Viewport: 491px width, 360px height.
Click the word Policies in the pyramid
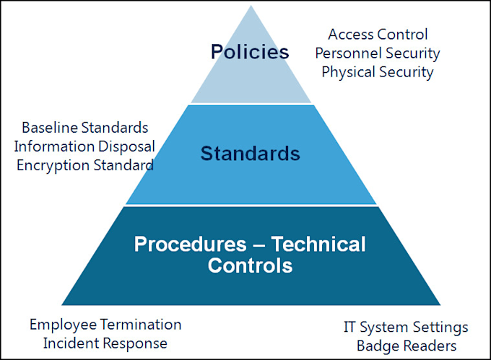(250, 52)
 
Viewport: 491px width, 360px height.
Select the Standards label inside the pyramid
(251, 153)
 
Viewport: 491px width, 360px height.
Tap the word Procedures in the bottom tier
(188, 244)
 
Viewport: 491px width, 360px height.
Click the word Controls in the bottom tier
(250, 265)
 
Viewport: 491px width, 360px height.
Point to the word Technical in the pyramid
(318, 244)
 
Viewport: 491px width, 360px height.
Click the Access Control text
(378, 34)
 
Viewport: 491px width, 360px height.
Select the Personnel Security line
(378, 53)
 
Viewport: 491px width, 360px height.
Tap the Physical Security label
(378, 72)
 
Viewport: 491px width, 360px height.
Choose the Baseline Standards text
(84, 128)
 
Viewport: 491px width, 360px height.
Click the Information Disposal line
(84, 146)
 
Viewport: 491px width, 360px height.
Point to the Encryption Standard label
(84, 164)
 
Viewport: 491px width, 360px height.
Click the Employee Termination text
(105, 325)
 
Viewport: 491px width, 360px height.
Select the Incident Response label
(105, 343)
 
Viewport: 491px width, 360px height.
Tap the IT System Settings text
(406, 327)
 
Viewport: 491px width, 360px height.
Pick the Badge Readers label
(406, 346)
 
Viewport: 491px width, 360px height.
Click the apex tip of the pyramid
(251, 7)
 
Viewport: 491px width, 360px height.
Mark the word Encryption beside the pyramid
(49, 164)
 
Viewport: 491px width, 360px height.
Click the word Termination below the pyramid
(142, 325)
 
